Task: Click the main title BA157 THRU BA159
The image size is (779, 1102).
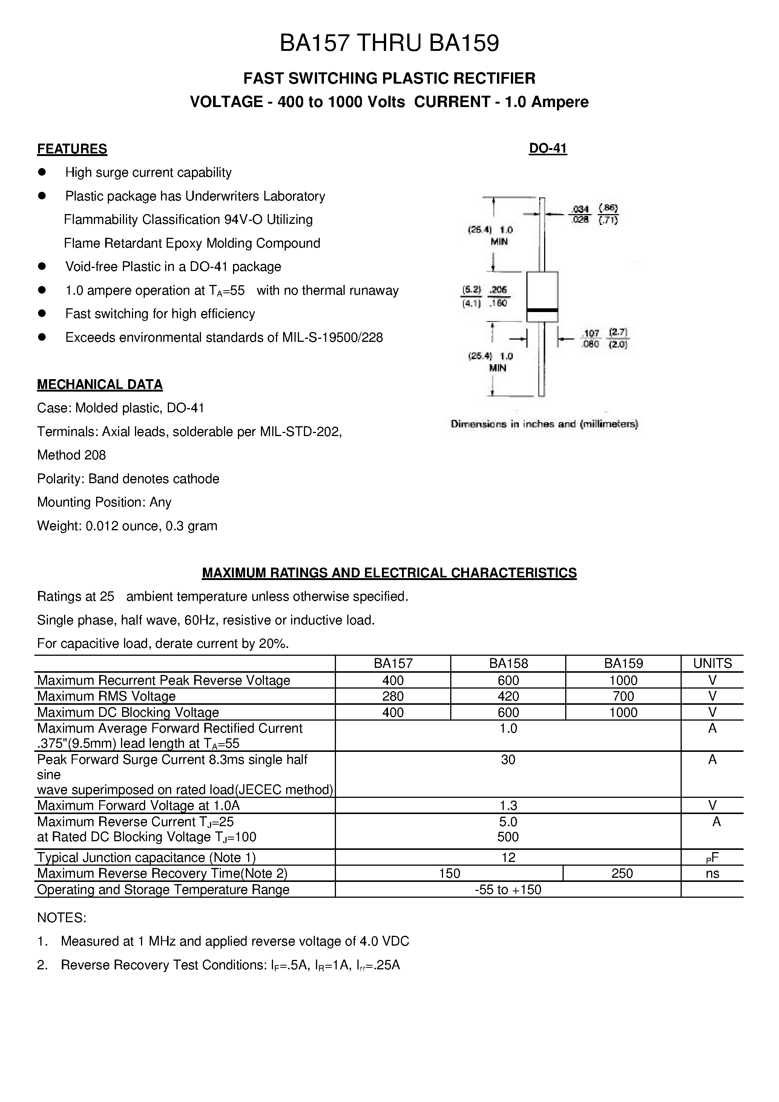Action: point(389,44)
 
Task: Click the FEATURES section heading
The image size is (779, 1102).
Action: point(72,149)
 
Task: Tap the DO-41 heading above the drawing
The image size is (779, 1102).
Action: point(548,148)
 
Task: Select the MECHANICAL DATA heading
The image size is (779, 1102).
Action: point(100,384)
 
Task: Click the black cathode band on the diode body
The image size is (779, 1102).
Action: point(542,311)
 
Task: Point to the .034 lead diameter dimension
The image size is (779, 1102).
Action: point(580,209)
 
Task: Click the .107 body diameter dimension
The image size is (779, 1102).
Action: point(591,333)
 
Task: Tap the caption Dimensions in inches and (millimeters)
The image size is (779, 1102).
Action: point(544,424)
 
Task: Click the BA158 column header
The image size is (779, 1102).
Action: point(508,663)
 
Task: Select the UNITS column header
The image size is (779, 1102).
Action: point(712,663)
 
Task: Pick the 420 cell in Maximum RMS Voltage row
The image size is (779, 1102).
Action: point(508,696)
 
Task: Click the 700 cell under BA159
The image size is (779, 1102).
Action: point(623,696)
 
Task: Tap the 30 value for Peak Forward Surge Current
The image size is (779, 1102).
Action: point(508,760)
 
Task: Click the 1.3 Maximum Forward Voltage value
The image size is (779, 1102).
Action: point(508,805)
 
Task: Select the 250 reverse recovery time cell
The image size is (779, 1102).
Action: point(622,874)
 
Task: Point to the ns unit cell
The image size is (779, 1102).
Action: point(712,874)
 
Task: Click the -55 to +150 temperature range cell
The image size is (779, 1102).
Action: point(508,890)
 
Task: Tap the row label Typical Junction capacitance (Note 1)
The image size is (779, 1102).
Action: point(146,857)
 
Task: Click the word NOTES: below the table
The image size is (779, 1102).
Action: point(61,918)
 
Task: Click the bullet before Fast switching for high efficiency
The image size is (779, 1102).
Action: point(42,314)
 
